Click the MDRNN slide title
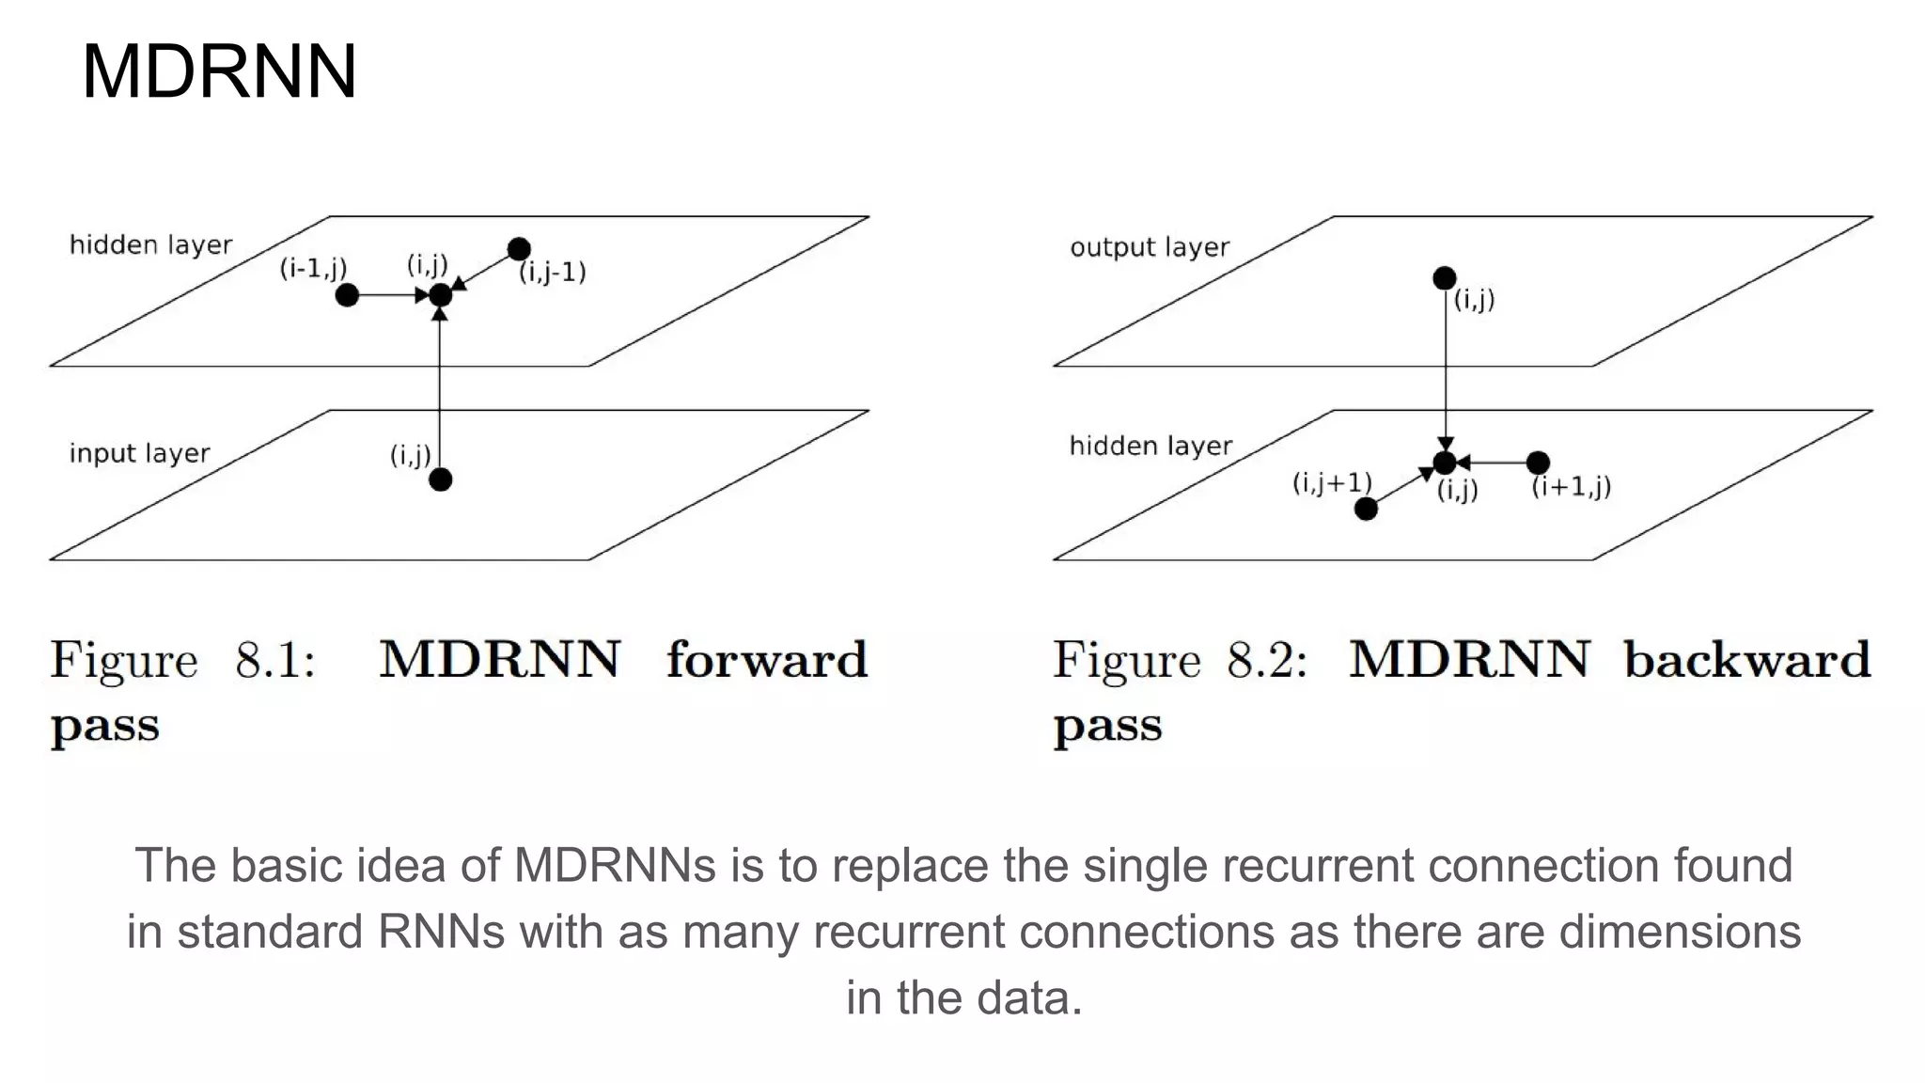click(219, 71)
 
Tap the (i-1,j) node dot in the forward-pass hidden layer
click(347, 295)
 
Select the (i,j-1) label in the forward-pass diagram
click(553, 273)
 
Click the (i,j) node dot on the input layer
click(440, 479)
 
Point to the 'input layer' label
click(139, 453)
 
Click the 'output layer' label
click(1149, 247)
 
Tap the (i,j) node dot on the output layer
click(1445, 278)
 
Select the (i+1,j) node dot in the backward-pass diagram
click(1538, 463)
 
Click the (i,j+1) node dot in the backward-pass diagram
click(1366, 509)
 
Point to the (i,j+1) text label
click(1332, 483)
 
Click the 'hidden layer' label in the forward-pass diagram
click(150, 245)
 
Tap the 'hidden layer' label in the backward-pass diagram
click(1150, 446)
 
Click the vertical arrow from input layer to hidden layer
click(440, 395)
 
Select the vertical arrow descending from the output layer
click(1446, 376)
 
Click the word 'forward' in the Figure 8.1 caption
click(766, 659)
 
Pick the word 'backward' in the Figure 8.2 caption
click(1746, 659)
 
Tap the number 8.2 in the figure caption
click(1265, 659)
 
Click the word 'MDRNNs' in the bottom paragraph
click(615, 865)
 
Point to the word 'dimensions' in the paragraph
click(1680, 932)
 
